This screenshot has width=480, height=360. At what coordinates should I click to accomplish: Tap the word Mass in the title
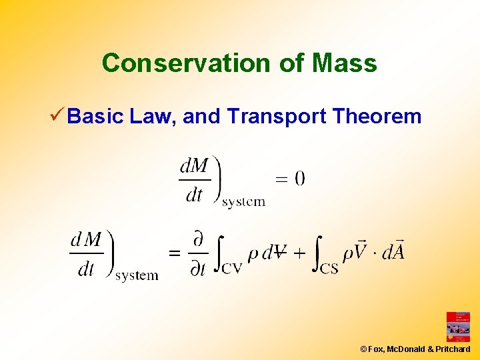(343, 63)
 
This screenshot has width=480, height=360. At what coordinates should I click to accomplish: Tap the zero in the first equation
(299, 178)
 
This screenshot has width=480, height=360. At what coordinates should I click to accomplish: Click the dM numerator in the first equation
(195, 165)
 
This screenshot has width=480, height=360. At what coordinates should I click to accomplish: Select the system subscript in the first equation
(243, 201)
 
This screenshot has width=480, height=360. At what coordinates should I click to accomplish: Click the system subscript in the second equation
(136, 275)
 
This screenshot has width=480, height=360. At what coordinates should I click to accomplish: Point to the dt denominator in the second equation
(86, 269)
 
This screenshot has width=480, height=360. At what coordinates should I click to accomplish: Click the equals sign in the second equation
(174, 253)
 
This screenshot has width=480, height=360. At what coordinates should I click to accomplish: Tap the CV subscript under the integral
(231, 269)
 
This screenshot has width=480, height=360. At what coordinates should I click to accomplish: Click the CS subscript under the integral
(329, 269)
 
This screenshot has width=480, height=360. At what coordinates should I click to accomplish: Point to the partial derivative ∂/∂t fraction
(197, 253)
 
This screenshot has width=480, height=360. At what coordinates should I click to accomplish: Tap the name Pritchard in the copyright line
(453, 349)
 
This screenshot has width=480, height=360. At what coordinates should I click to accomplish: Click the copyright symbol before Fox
(364, 349)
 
